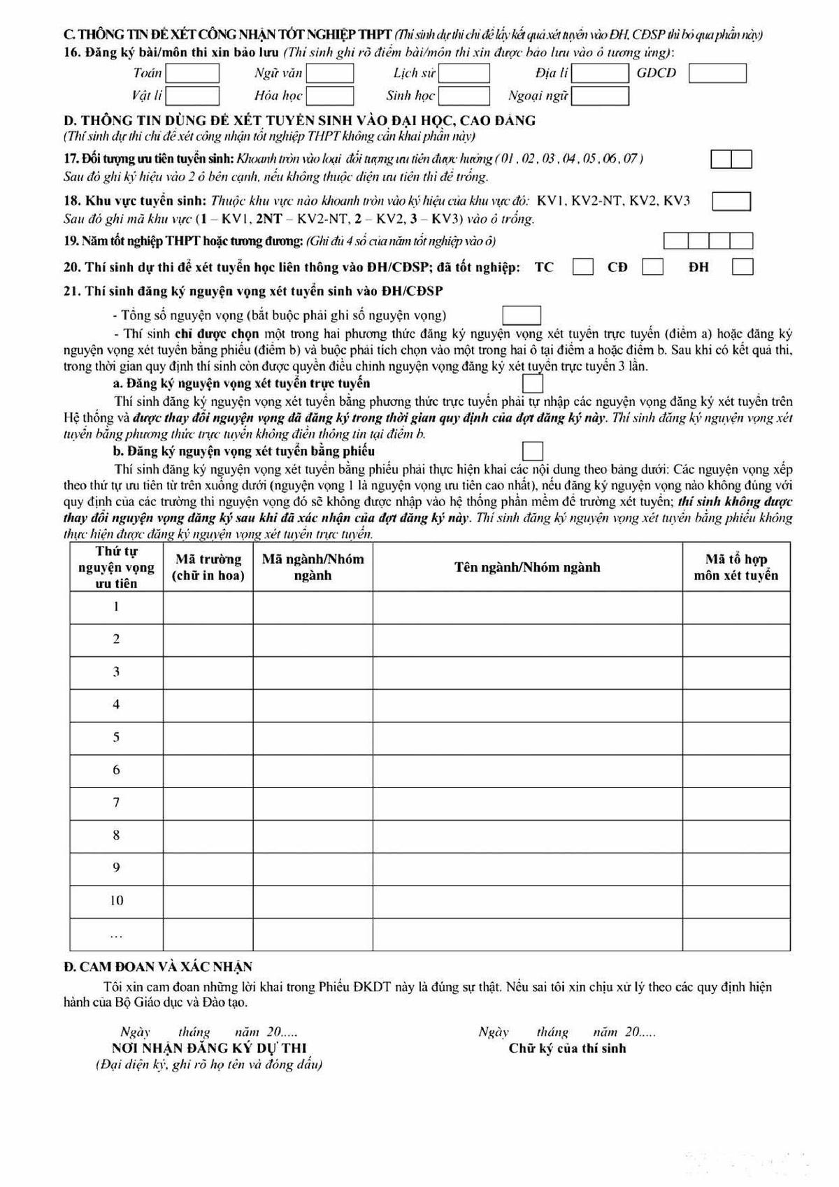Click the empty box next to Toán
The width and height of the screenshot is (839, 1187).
click(x=192, y=73)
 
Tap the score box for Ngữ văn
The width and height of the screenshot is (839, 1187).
click(x=330, y=73)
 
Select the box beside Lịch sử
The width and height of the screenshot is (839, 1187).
click(x=464, y=73)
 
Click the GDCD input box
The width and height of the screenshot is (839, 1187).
click(x=717, y=73)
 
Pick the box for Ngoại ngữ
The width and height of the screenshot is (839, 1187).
click(x=600, y=96)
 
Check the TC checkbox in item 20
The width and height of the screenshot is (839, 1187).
click(x=583, y=267)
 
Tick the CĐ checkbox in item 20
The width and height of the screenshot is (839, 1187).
click(x=653, y=267)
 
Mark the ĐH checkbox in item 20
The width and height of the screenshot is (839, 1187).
click(x=743, y=267)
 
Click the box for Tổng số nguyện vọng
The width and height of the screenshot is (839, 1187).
click(x=522, y=315)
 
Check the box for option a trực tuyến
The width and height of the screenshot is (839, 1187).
click(x=533, y=384)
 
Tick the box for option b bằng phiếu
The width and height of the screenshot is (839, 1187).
click(x=533, y=451)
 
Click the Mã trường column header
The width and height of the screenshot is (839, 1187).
click(x=208, y=567)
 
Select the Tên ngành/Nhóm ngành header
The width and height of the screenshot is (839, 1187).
click(x=527, y=567)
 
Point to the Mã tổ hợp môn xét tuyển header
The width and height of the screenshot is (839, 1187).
click(x=736, y=567)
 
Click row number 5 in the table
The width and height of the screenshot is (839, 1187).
click(x=116, y=737)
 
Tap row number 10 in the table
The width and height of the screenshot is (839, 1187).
click(x=116, y=900)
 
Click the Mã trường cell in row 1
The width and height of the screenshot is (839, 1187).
click(x=208, y=607)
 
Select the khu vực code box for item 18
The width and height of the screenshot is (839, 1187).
click(x=731, y=201)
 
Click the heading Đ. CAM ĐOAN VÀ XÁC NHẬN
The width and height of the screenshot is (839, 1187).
click(x=158, y=967)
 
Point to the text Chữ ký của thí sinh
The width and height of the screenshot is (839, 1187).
click(x=567, y=1048)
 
